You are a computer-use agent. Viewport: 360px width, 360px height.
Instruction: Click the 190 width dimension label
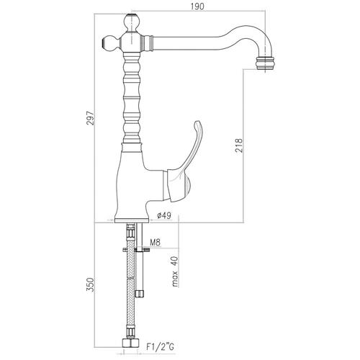[197, 6]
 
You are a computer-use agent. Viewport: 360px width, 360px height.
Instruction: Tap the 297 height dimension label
[91, 118]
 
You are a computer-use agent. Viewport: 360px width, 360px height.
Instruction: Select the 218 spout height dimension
[239, 145]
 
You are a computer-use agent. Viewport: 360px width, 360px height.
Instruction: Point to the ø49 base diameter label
[164, 216]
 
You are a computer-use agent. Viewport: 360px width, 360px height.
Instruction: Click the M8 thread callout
[155, 243]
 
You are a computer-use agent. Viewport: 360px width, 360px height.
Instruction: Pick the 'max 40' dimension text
[176, 271]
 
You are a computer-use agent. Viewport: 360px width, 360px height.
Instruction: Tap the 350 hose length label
[90, 284]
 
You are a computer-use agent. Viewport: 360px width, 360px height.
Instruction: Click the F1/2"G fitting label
[160, 346]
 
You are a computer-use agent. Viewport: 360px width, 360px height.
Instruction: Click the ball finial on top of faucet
[132, 22]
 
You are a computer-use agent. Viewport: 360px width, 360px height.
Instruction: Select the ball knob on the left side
[111, 43]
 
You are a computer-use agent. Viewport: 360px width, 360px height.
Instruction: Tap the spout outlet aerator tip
[265, 63]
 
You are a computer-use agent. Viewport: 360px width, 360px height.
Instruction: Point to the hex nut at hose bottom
[130, 343]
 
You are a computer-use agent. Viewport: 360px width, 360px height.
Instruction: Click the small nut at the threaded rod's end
[140, 293]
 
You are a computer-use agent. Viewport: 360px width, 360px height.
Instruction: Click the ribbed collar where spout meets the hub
[148, 43]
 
